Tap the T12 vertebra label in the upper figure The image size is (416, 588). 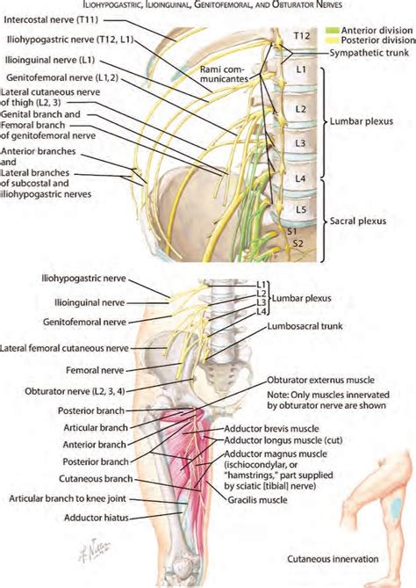tap(301, 36)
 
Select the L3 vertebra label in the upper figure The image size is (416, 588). tap(301, 142)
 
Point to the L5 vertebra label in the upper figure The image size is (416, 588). tap(301, 210)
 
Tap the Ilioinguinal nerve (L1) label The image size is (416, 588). tap(48, 62)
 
